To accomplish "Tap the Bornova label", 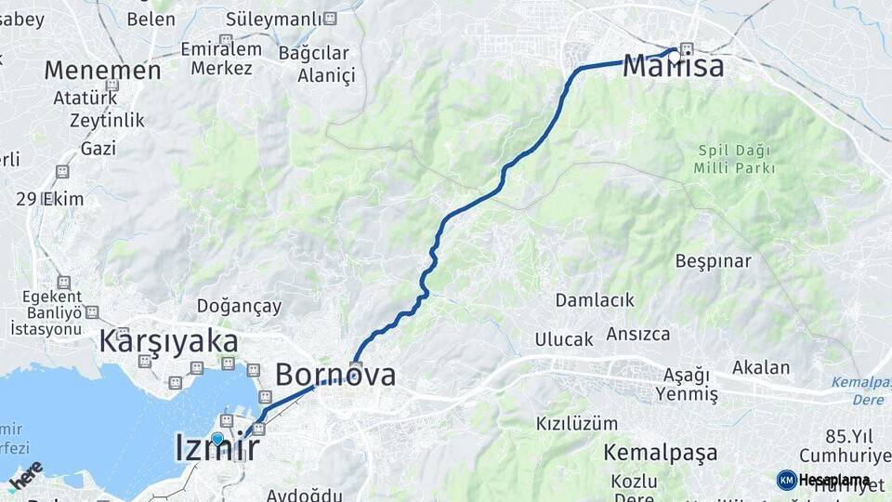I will point(334,375).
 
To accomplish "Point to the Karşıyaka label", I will point(168,341).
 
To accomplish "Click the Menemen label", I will point(102,70).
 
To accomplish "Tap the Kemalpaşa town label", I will point(660,453).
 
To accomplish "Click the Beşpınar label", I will point(713,261).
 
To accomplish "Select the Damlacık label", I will point(595,299).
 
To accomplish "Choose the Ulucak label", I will point(563,339).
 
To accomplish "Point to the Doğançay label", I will point(239,306).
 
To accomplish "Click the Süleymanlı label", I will point(281,19).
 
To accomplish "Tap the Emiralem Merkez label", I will point(221,59).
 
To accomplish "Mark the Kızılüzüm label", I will point(576,423).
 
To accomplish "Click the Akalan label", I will point(760,366).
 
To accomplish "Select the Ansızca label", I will point(638,334).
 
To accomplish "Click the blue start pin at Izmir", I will point(216,438).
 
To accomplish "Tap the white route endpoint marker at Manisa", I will point(675,56).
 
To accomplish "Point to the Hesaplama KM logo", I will point(823,480).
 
